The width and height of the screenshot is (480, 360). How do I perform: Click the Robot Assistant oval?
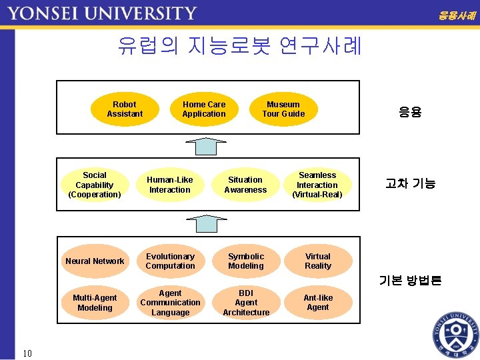click(x=125, y=109)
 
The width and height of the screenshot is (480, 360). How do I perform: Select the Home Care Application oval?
click(x=204, y=109)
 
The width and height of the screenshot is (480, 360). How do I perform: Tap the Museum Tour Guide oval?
click(x=283, y=109)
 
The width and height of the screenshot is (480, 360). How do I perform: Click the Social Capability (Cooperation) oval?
click(x=95, y=185)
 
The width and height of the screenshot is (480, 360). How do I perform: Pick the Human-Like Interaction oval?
click(x=170, y=185)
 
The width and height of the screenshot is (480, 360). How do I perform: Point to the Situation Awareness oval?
click(x=245, y=185)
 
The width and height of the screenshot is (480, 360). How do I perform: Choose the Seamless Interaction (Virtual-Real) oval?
click(x=317, y=185)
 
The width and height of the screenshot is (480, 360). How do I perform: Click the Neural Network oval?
click(x=95, y=261)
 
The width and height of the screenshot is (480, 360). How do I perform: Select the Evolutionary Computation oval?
click(x=170, y=261)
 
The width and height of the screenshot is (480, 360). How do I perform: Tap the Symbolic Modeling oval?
click(x=246, y=261)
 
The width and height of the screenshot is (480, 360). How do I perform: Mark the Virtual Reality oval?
click(x=318, y=261)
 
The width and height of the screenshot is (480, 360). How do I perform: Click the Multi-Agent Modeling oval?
click(x=95, y=303)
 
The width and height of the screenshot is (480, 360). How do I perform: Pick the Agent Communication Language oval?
click(x=170, y=303)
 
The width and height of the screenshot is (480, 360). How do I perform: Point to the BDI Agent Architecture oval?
click(x=246, y=303)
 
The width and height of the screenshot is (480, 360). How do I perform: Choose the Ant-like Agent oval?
click(x=318, y=303)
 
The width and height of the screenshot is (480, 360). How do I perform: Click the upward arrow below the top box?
click(x=206, y=146)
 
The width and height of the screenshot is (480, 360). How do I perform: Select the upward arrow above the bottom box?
click(x=206, y=224)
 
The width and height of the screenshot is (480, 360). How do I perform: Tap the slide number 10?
click(x=27, y=353)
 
